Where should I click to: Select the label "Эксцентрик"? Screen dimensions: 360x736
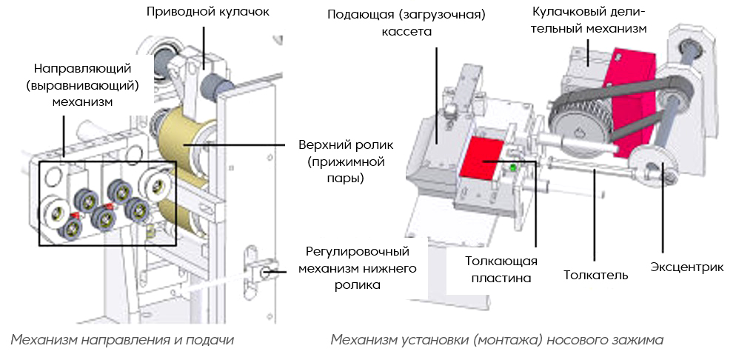[x=686, y=267]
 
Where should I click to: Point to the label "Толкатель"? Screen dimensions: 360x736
[x=595, y=276]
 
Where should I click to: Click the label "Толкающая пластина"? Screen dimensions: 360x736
[x=501, y=269]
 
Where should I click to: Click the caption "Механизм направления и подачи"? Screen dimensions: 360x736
[x=122, y=340]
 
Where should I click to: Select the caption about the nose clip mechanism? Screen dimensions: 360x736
[x=497, y=340]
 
